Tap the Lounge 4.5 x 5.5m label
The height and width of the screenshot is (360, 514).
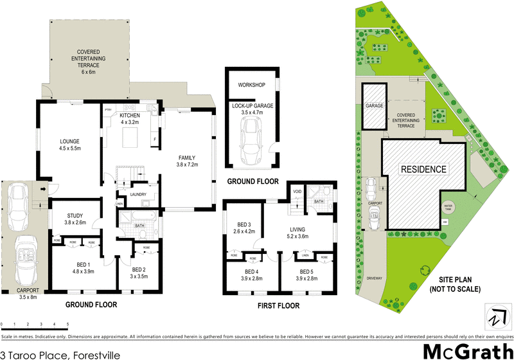coord(69,145)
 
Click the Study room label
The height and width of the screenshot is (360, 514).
coord(76,219)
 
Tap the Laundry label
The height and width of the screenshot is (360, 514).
coord(138,195)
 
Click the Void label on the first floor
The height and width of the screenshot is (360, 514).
coord(297,192)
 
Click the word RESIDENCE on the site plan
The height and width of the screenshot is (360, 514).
coord(423,169)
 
